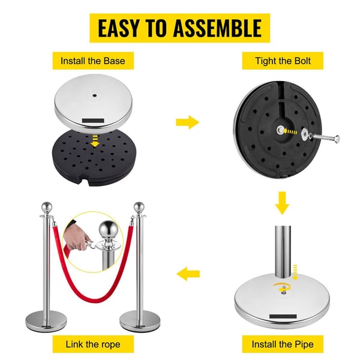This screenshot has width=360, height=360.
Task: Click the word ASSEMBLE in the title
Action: [217, 28]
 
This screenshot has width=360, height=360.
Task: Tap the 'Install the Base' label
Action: [93, 61]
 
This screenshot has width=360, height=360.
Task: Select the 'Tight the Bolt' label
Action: [283, 61]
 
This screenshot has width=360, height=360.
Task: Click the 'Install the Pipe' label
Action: [283, 344]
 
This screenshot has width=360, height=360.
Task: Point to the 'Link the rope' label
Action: [93, 344]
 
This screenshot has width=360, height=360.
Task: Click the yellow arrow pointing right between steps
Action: [188, 122]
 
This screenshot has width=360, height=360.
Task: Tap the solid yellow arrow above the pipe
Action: [282, 203]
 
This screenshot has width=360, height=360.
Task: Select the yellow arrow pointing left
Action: [188, 274]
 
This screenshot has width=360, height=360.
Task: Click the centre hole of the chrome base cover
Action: [94, 95]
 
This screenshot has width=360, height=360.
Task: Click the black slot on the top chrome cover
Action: [93, 121]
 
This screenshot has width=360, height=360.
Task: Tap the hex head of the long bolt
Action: [337, 139]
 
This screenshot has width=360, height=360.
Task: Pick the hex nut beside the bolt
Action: [305, 134]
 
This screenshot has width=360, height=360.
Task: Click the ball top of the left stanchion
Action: [47, 207]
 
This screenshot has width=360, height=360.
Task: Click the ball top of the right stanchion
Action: [139, 207]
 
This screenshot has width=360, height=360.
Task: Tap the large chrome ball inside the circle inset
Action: [107, 229]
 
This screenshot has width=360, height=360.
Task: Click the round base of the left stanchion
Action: [46, 321]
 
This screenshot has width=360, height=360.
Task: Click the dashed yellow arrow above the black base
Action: [95, 141]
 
